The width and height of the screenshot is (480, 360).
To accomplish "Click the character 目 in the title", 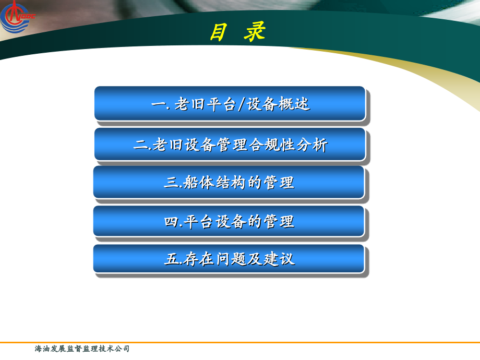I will pos(219,32).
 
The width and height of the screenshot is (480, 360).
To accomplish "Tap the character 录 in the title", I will pos(255,32).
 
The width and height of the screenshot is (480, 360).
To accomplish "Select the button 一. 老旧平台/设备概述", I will pos(230,104).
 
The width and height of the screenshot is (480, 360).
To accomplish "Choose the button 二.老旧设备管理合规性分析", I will pos(230,145).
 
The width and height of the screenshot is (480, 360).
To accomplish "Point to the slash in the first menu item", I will pos(241,104).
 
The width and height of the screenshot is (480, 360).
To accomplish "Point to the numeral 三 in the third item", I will pos(171,183).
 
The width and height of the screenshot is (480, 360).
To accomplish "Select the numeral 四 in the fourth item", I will pos(171,222).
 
